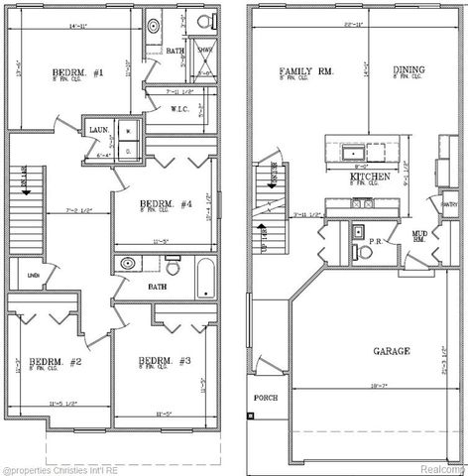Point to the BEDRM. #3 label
(x=158, y=360)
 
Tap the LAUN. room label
(x=99, y=130)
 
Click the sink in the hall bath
(x=128, y=266)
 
